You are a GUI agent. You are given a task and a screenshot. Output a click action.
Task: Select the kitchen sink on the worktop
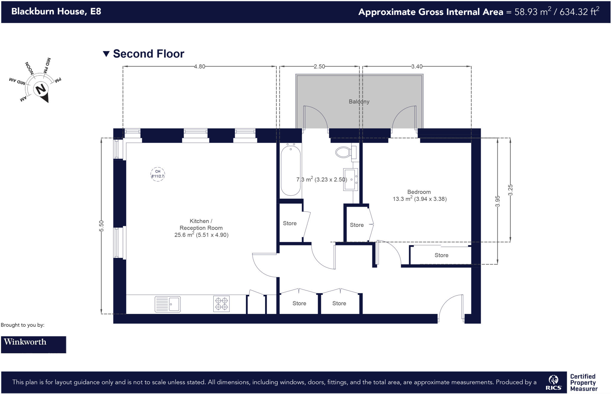pos(168,304)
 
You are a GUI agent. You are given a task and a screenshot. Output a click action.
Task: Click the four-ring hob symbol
pos(221,304)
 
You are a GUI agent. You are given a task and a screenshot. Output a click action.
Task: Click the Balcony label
pos(359,102)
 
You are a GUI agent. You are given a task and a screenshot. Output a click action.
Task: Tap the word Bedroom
pos(419,192)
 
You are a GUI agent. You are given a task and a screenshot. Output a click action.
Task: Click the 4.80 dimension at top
pos(199,67)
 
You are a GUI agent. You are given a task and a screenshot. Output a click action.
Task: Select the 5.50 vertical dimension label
pos(102,226)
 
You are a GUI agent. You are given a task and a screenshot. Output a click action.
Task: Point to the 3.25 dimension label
pos(510,190)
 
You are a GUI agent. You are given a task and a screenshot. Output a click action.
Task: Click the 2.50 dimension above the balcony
pos(319,67)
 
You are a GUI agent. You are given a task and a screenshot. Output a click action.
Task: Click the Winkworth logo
pos(33,344)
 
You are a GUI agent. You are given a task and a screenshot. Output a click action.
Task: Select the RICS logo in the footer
pos(553,383)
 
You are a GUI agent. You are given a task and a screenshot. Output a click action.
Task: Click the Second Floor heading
pos(148,54)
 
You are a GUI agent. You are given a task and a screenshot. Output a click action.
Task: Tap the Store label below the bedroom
pos(441,255)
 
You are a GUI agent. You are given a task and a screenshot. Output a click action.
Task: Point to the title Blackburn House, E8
pos(56,11)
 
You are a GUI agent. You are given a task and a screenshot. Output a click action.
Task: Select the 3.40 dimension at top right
pos(417,67)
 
